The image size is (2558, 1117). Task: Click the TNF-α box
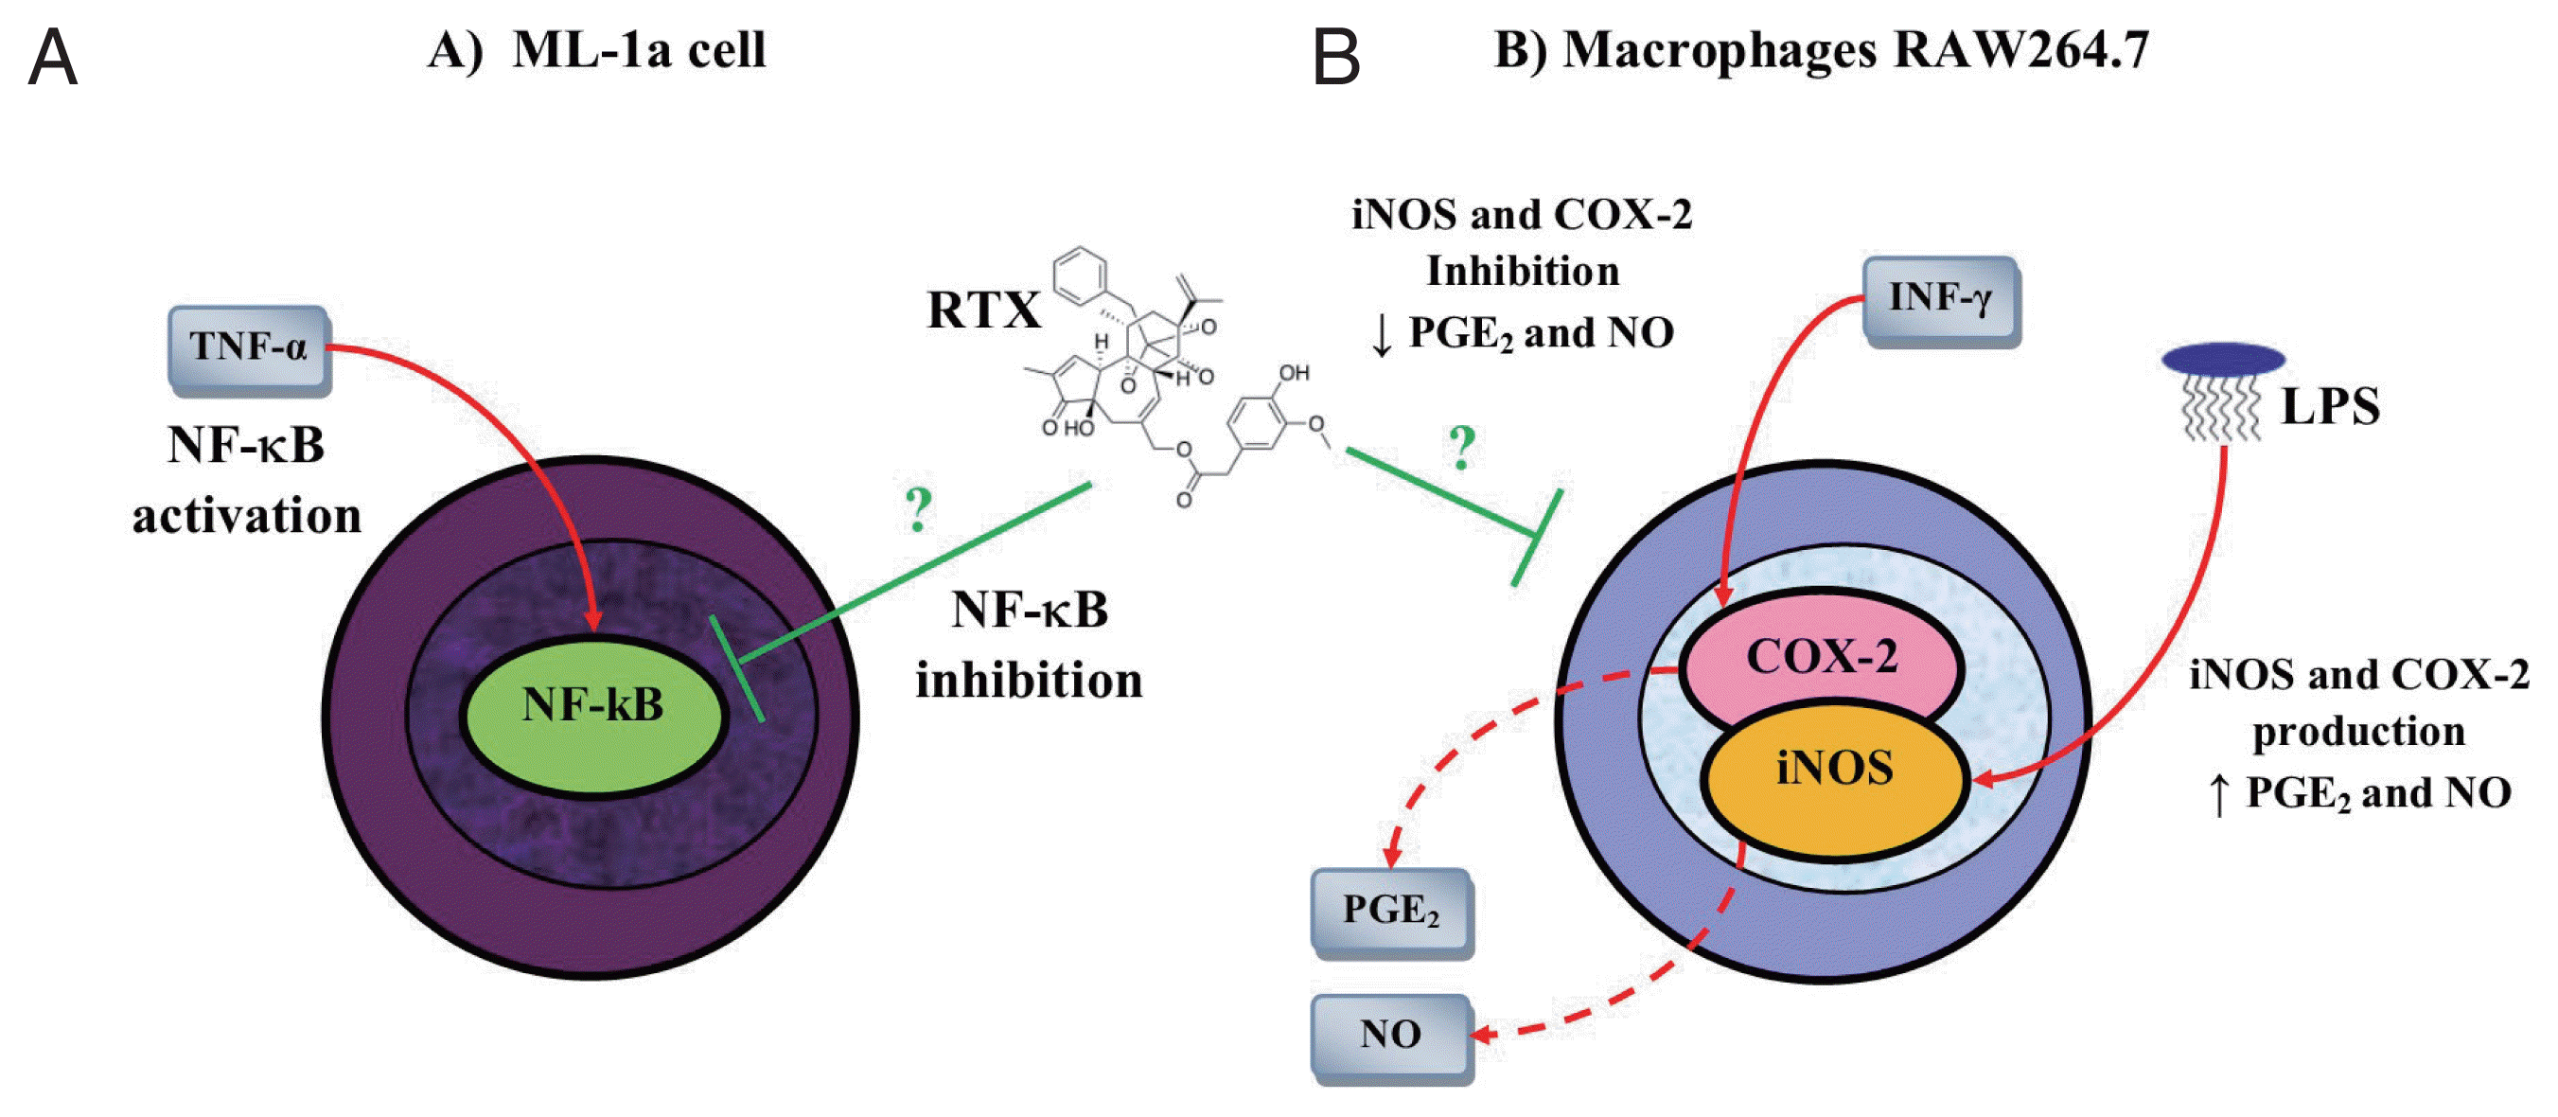248,347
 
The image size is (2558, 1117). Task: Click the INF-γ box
1939,298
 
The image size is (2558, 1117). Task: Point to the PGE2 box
1390,911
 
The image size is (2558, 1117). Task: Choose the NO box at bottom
1390,1036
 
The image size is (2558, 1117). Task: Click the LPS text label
2330,407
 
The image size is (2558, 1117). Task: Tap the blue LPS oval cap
2223,359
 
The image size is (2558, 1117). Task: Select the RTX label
983,310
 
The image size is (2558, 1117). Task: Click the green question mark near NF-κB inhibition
919,509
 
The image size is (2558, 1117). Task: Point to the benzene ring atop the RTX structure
1080,275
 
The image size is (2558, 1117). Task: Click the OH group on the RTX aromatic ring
1294,373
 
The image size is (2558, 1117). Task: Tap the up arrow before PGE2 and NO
2219,795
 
